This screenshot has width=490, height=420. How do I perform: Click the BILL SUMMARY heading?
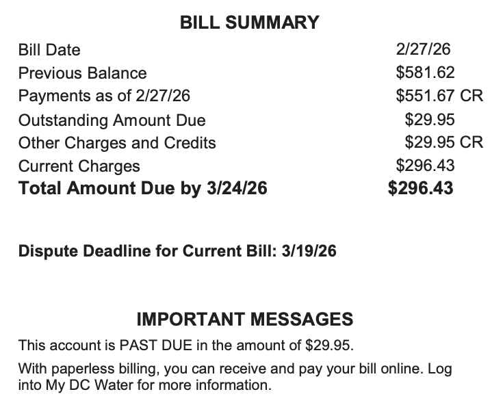coord(249,23)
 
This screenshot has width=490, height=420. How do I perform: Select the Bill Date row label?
coord(49,50)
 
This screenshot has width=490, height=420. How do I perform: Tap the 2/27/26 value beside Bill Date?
coord(423,49)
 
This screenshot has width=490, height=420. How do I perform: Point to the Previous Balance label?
coord(82,73)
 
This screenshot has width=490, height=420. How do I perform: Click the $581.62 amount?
coord(425,73)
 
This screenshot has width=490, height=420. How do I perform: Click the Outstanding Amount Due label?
coord(112,120)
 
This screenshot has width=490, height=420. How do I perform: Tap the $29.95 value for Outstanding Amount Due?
coord(430,120)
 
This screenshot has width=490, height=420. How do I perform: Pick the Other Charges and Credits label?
coord(117,143)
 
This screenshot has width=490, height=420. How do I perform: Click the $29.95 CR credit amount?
coord(443,143)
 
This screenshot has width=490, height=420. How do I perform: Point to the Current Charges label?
coord(79,166)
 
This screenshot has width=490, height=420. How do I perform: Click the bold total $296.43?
coord(420,188)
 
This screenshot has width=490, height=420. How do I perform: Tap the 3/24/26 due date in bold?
coord(237,188)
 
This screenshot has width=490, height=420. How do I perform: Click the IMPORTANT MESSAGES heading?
coord(245,319)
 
